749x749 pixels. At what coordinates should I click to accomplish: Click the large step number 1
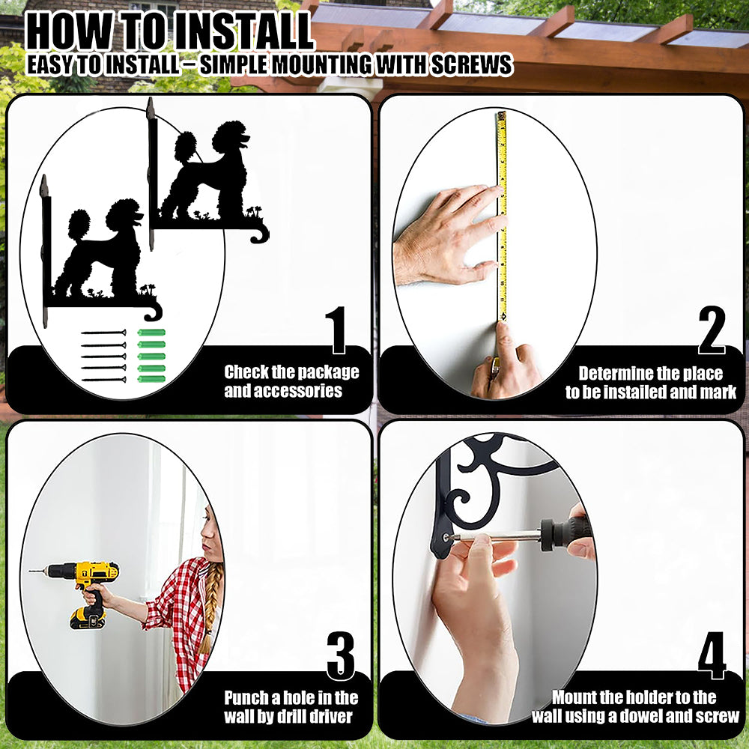pyautogui.click(x=337, y=330)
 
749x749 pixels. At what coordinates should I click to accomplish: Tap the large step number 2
pyautogui.click(x=712, y=330)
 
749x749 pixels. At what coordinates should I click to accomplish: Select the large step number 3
pyautogui.click(x=341, y=655)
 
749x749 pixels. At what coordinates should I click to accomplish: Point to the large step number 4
pyautogui.click(x=712, y=655)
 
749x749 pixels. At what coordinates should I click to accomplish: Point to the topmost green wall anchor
pyautogui.click(x=151, y=333)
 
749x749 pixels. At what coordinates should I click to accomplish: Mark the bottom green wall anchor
pyautogui.click(x=151, y=379)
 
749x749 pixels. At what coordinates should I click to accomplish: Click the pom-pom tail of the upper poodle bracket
pyautogui.click(x=185, y=145)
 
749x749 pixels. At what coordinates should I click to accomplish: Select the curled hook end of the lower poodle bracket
pyautogui.click(x=153, y=312)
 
